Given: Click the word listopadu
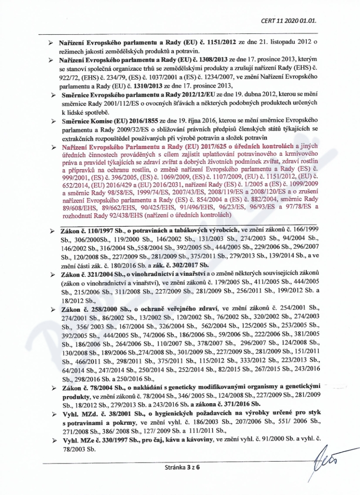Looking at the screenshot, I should (269, 42).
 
